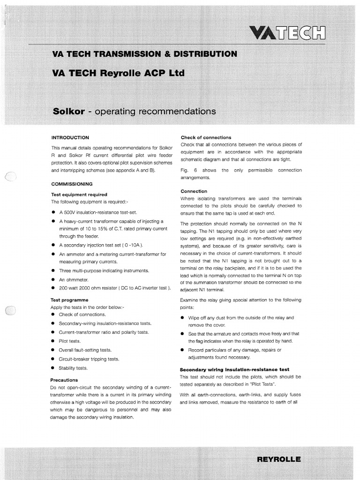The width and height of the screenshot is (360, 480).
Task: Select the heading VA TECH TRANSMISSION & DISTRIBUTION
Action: [x=145, y=54]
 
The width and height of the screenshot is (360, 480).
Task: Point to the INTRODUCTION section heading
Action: [x=70, y=138]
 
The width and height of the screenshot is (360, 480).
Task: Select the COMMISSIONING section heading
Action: [x=72, y=184]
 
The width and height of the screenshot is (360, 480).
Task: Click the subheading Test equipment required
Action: [x=79, y=194]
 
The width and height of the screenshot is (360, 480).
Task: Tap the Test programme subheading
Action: [x=69, y=300]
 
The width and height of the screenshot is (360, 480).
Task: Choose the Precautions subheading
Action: [x=64, y=380]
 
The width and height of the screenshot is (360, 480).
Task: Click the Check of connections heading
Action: [x=206, y=137]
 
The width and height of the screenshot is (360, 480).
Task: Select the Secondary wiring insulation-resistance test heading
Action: [x=234, y=369]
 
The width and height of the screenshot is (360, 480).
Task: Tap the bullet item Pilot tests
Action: [x=69, y=341]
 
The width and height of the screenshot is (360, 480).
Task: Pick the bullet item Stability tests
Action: [x=73, y=368]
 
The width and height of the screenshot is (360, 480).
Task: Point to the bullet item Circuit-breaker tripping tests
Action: [x=89, y=359]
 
